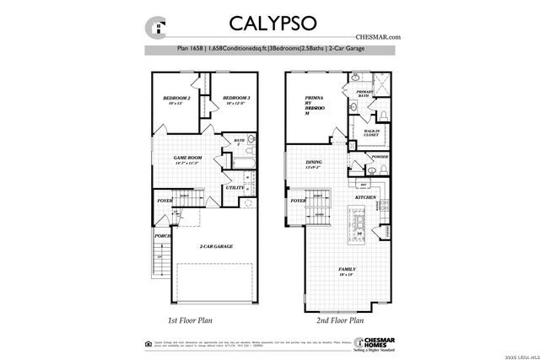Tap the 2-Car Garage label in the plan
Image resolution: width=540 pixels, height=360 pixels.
tap(216, 246)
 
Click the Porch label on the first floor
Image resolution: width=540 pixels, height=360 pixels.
tap(162, 236)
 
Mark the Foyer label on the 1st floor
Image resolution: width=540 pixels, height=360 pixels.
tap(165, 201)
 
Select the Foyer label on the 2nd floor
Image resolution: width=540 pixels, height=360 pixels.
tap(298, 201)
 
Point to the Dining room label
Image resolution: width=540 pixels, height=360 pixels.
tap(314, 164)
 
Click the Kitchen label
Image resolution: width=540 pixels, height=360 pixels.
tap(364, 197)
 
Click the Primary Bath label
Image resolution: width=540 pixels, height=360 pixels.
tap(364, 94)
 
